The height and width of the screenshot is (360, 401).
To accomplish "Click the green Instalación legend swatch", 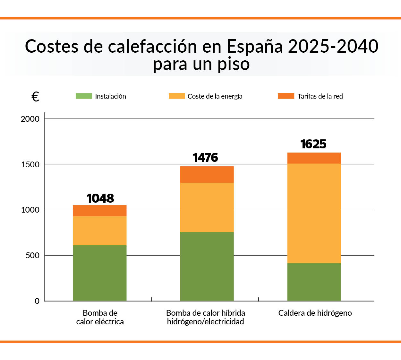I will (x=84, y=96).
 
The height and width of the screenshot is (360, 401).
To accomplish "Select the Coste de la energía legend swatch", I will (x=177, y=96).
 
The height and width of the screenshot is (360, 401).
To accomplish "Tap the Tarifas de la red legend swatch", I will (x=286, y=96).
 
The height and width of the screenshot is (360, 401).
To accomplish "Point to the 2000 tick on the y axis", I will (x=30, y=119).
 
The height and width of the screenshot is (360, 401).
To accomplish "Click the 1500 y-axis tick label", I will (x=30, y=164).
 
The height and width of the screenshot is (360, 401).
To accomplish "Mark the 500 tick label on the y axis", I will (x=32, y=256).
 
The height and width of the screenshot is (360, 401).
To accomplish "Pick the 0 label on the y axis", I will (x=37, y=301).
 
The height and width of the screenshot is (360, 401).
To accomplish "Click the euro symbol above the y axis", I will (x=35, y=97).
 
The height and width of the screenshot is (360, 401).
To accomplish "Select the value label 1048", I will (x=100, y=198).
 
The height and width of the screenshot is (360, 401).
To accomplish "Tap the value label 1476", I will (x=205, y=158).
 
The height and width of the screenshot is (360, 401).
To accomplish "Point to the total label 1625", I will (x=313, y=144).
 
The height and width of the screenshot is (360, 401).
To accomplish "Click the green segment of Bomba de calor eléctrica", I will (x=100, y=273).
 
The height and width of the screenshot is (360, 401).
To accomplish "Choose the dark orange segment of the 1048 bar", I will (x=100, y=211).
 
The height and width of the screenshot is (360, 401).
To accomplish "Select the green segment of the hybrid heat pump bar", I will (x=207, y=266).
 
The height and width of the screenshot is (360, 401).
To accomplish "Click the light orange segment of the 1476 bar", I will (x=207, y=207).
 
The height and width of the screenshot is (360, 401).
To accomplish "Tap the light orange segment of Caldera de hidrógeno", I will (x=314, y=213).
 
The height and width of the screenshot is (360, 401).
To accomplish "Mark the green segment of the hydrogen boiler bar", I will (x=314, y=282).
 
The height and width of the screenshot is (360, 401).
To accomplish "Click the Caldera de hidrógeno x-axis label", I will (x=315, y=313).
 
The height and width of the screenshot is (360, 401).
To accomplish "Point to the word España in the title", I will (x=255, y=46).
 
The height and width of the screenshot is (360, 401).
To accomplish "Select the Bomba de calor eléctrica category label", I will (x=100, y=317).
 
